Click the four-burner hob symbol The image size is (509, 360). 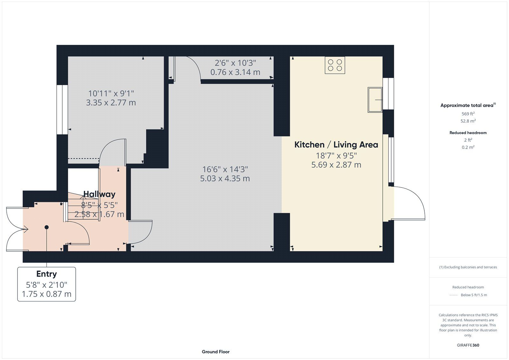point(335,65)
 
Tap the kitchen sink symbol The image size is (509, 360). point(375,100)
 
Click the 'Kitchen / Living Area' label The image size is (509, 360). point(336,145)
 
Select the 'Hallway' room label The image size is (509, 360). point(99,194)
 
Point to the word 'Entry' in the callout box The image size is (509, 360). point(46,274)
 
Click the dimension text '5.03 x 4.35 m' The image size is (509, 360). point(225,179)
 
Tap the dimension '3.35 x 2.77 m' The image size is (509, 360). point(111,102)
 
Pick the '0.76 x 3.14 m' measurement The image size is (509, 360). point(235,72)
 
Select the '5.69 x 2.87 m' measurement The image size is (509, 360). point(336,165)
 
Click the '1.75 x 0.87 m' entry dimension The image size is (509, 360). point(46,294)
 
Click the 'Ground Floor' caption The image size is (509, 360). point(216,352)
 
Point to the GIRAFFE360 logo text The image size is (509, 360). point(468,345)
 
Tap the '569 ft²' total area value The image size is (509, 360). point(468,114)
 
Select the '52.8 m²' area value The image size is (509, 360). point(468,121)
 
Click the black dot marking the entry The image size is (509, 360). point(46,227)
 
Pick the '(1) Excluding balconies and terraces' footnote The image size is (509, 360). point(468,267)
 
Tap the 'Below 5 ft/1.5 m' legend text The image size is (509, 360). point(474,295)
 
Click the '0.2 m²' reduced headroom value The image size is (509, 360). point(468,147)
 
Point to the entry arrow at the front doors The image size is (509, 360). point(25,229)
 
